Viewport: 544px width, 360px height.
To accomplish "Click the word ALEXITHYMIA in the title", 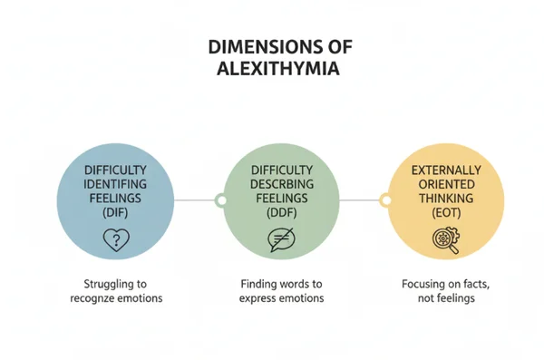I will [x=272, y=70].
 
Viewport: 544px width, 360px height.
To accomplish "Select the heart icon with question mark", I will [x=115, y=240].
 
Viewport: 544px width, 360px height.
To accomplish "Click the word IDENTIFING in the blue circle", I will [x=115, y=184].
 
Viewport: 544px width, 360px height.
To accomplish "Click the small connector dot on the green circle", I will [x=219, y=199].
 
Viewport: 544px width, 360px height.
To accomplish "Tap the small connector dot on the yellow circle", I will [x=384, y=199].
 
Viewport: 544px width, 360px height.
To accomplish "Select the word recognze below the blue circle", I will [x=98, y=298].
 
